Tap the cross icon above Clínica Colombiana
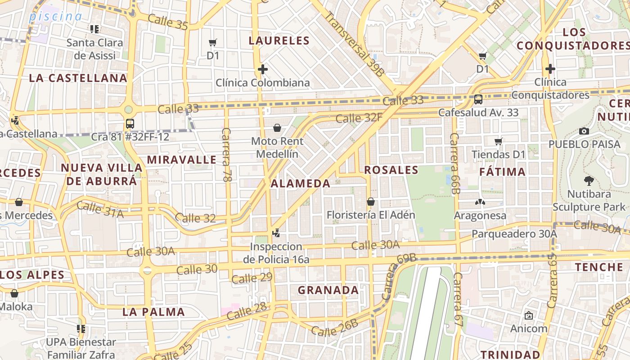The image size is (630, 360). pos(263,69)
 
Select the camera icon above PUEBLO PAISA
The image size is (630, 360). pos(584,131)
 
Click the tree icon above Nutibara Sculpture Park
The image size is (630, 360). pos(589,181)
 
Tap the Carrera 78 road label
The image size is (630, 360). pos(226,155)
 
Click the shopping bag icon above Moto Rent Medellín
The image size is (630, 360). pos(277,128)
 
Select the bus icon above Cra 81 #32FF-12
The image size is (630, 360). pos(130,123)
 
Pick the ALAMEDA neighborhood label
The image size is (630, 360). pos(301,184)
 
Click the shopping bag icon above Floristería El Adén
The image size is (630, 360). pos(371,201)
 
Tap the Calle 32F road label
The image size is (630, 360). pos(359,118)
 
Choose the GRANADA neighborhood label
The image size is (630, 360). pos(328,290)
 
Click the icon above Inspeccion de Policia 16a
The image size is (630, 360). pos(276,233)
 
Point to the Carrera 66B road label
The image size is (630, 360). pos(455,163)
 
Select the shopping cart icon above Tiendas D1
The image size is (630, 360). pos(498,142)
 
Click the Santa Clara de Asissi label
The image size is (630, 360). pos(94,49)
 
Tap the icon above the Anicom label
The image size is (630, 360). pos(529,315)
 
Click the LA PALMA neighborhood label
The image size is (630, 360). pos(153,312)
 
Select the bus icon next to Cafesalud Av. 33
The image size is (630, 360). pos(478,99)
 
